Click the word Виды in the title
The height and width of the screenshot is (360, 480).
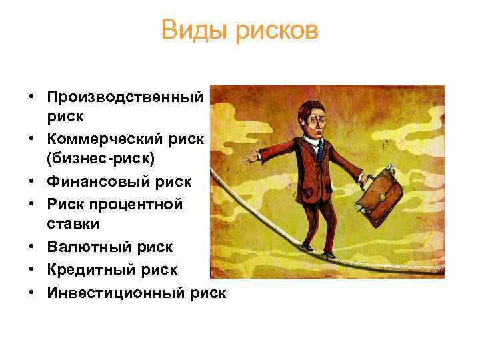[x=191, y=30]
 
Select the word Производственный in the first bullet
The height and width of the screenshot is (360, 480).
[x=125, y=97]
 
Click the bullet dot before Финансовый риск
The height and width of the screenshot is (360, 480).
[x=32, y=181]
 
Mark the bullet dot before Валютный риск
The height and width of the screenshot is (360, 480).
[x=32, y=247]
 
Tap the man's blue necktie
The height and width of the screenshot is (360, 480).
[x=320, y=149]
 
